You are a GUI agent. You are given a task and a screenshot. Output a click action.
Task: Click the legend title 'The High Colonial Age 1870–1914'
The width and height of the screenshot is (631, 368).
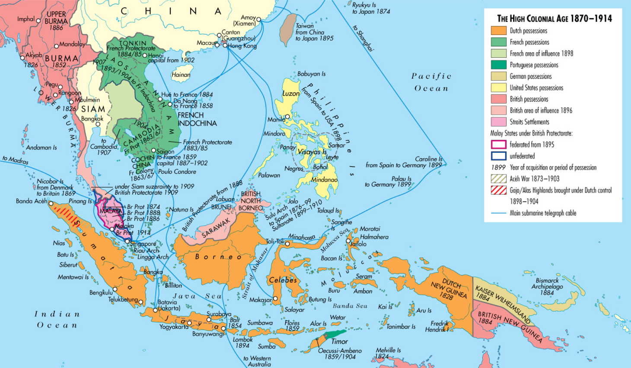pyautogui.click(x=554, y=19)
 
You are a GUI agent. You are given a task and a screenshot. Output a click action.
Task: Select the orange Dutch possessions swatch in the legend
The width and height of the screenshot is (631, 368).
pyautogui.click(x=498, y=31)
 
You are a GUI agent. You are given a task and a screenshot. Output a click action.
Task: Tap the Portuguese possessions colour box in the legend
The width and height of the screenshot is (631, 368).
pyautogui.click(x=498, y=65)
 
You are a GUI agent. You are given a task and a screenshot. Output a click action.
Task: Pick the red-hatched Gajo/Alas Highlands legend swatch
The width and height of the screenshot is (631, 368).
pyautogui.click(x=498, y=190)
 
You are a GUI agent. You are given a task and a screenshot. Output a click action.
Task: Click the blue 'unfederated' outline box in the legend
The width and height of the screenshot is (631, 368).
pyautogui.click(x=498, y=156)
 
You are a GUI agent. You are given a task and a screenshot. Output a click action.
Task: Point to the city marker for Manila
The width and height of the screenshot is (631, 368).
pyautogui.click(x=287, y=117)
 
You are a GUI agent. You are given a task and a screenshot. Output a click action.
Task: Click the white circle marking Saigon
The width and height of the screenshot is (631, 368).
pyautogui.click(x=153, y=151)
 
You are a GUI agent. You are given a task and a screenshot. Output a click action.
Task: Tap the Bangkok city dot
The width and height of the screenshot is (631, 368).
pyautogui.click(x=98, y=124)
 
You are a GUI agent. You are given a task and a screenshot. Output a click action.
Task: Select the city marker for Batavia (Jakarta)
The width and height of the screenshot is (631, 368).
pyautogui.click(x=155, y=310)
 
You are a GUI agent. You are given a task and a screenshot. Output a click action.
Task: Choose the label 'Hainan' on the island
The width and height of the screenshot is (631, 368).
pyautogui.click(x=181, y=75)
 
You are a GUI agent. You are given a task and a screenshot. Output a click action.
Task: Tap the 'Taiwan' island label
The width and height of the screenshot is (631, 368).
pyautogui.click(x=305, y=26)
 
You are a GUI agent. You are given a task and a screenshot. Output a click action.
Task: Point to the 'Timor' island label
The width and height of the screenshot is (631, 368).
pyautogui.click(x=339, y=341)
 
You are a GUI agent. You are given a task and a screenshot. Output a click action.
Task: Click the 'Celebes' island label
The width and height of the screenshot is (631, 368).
pyautogui.click(x=283, y=280)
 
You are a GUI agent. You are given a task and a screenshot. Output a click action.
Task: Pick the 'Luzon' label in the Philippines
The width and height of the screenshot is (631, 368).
pyautogui.click(x=291, y=93)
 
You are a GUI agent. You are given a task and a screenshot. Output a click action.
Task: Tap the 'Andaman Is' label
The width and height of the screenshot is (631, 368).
pyautogui.click(x=41, y=148)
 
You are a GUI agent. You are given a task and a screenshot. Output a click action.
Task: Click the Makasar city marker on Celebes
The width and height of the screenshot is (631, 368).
pyautogui.click(x=275, y=298)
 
